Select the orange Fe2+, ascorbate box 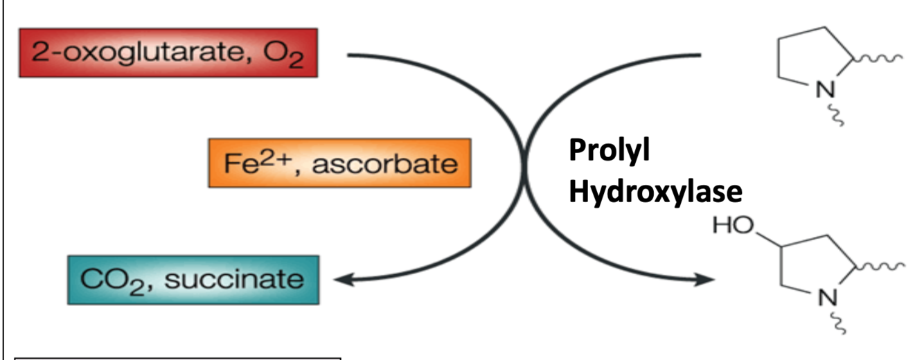[339, 163]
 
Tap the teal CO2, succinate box [193, 280]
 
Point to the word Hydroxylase [655, 191]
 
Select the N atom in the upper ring [823, 91]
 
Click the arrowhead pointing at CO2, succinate [341, 279]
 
